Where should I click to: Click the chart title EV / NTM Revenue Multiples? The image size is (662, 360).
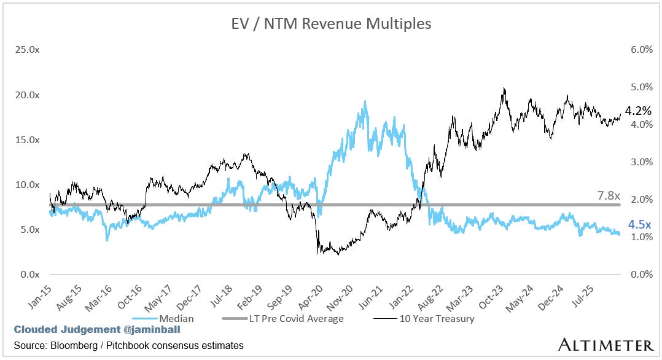pos(330,25)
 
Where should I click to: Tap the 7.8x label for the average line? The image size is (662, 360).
pos(609,195)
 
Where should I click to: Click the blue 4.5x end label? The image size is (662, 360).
pos(639,225)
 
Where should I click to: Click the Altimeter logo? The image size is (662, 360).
pos(605,344)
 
